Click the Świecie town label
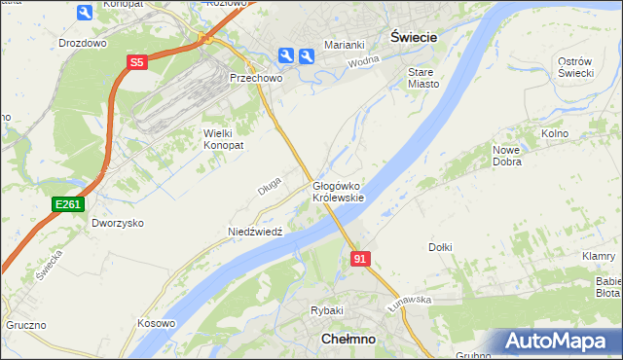point(413,35)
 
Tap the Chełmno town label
point(349,339)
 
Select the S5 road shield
point(136,62)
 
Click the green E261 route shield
point(68,204)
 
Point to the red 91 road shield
point(360,258)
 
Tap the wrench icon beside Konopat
point(84,12)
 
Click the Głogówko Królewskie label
point(338,192)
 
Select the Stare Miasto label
point(423,78)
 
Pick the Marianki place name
point(345,44)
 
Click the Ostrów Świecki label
point(575,68)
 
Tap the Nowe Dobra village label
point(507,156)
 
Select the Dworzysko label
point(118,223)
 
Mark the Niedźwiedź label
point(255,232)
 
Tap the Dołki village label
point(440,247)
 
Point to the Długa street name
point(270,184)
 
